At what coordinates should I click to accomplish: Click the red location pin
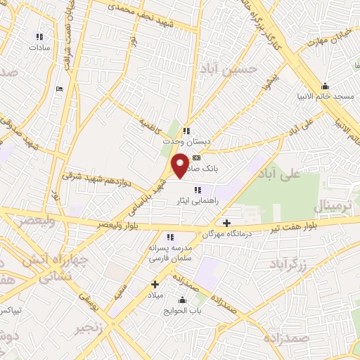tap(181, 164)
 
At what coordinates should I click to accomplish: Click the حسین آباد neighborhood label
tap(230, 68)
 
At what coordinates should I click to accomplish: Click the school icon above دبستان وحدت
tap(186, 130)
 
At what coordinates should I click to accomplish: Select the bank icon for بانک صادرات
tap(196, 158)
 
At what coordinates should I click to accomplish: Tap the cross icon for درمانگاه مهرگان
tap(226, 223)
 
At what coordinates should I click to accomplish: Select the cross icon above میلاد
tap(155, 285)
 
